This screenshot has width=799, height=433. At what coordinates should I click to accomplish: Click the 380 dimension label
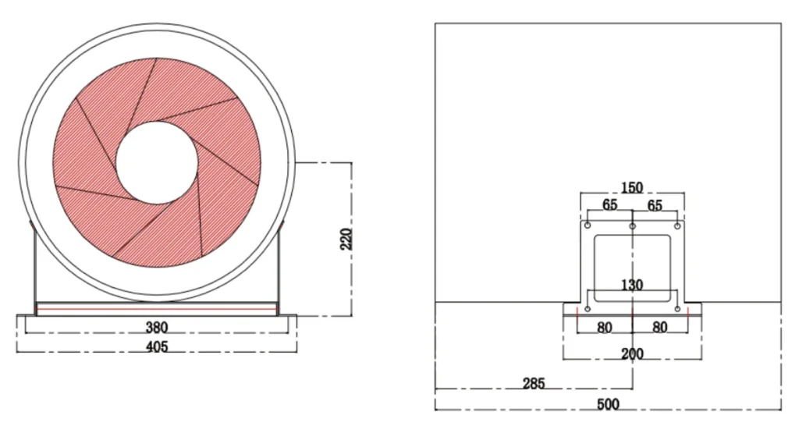coord(156,327)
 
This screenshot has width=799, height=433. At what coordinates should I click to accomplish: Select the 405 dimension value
coord(156,346)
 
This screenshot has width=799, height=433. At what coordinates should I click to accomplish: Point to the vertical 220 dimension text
coord(346,239)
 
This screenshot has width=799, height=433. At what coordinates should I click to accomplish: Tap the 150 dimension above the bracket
coord(632,187)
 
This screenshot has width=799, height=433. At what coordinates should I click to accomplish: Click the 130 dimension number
coord(632,285)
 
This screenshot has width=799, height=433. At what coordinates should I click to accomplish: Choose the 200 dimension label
coord(632,353)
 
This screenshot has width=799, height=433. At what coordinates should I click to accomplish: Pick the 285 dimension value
coord(534,383)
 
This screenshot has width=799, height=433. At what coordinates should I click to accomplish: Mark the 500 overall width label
coord(608,404)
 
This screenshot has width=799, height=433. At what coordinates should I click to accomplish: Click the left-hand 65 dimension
coord(610,204)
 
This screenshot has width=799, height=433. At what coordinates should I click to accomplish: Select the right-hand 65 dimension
coord(655,205)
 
